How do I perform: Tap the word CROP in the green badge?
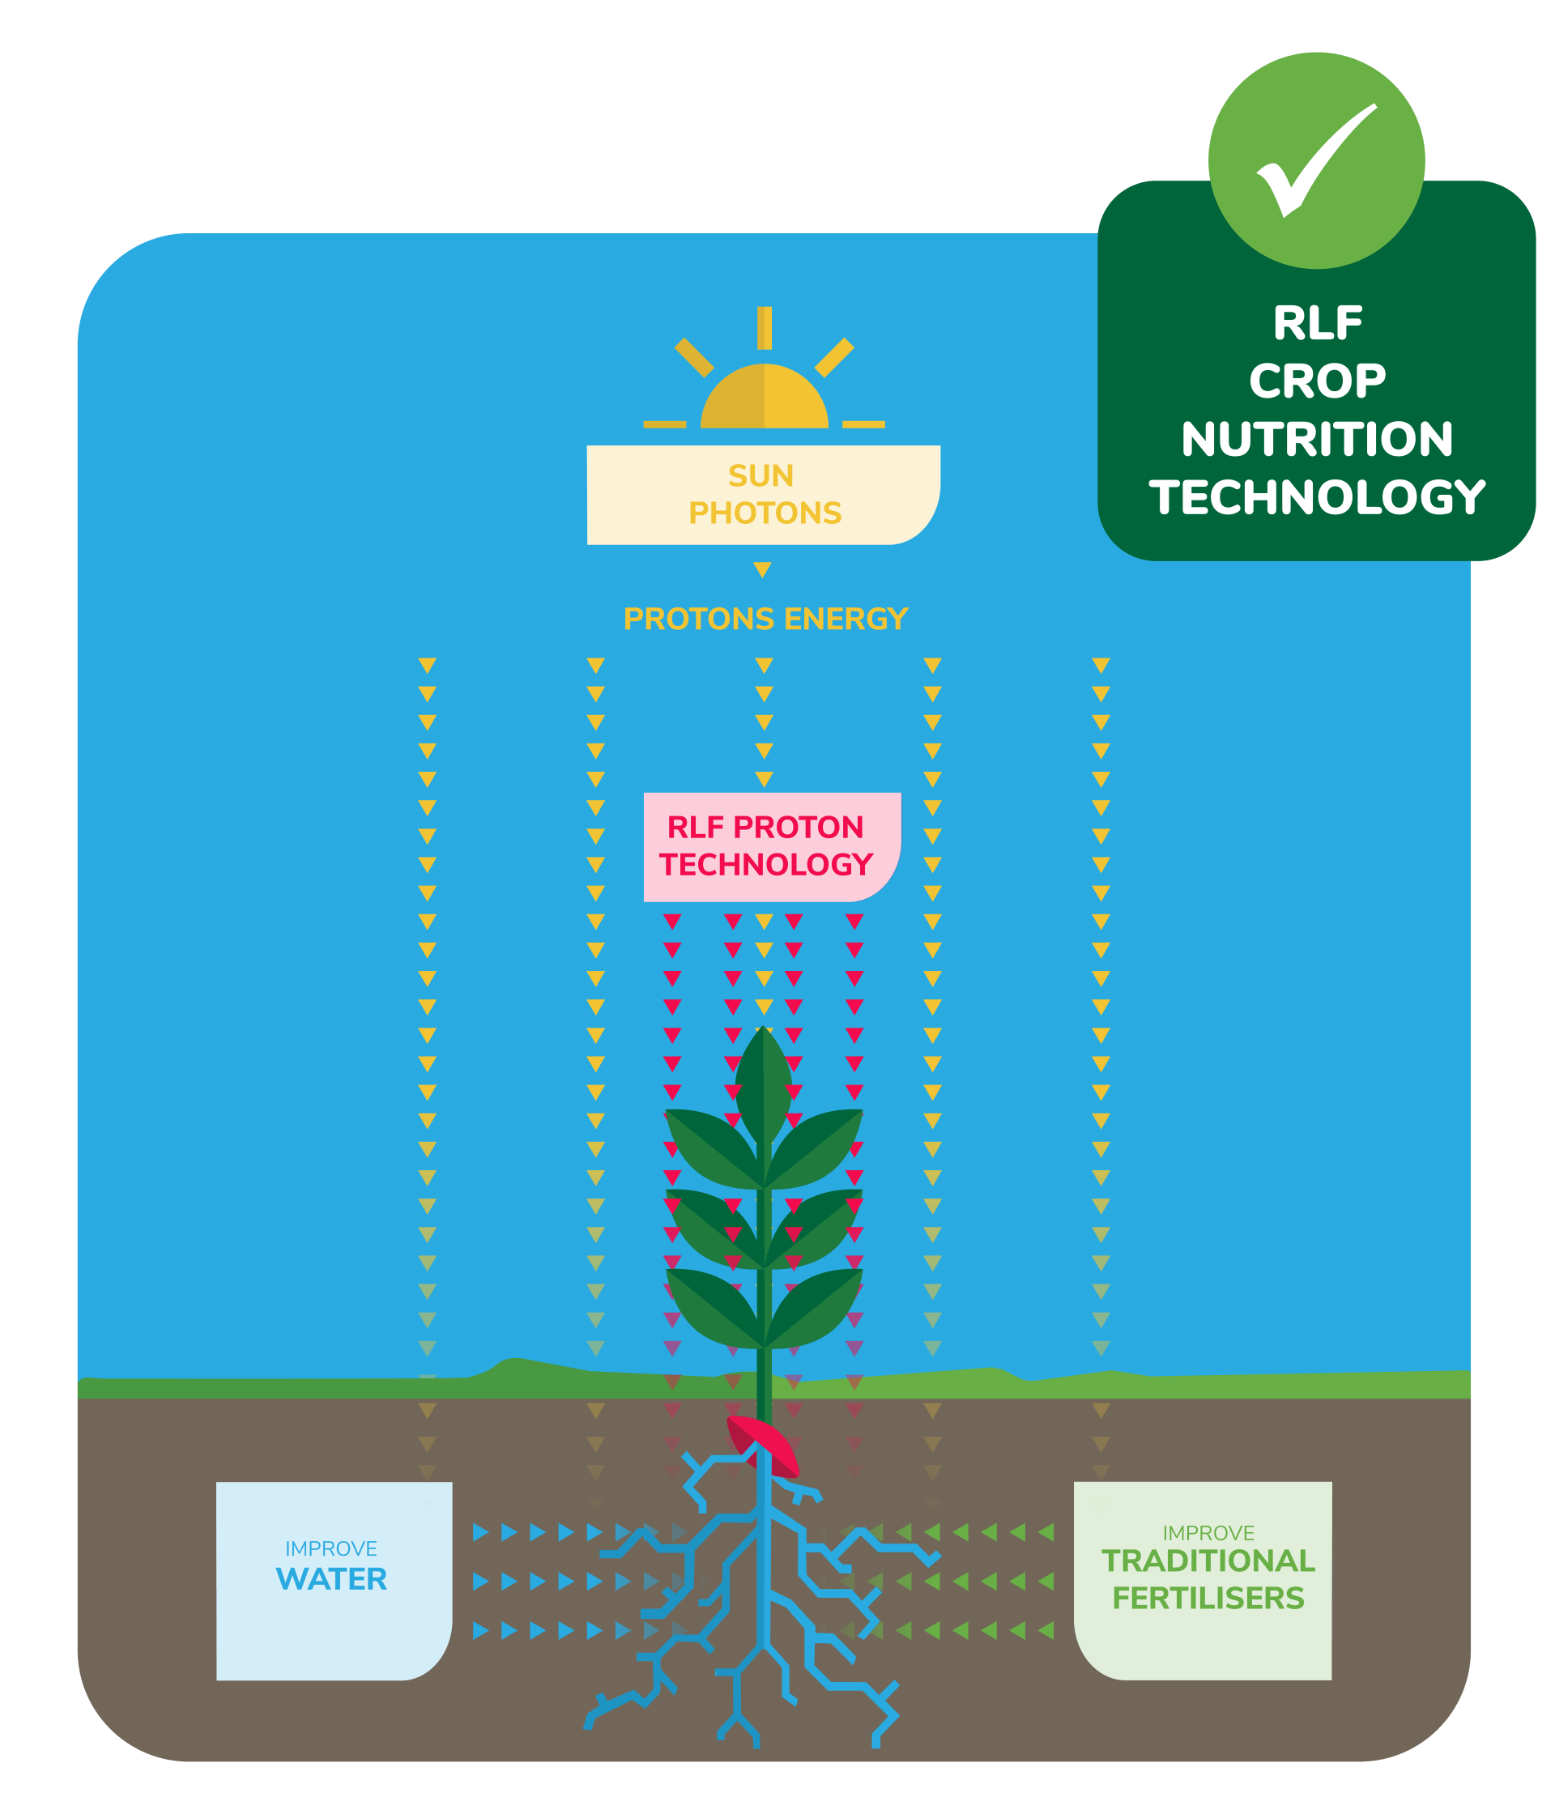1317,381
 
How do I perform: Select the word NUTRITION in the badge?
1317,439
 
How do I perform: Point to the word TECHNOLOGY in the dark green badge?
1317,497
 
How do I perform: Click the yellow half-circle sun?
764,399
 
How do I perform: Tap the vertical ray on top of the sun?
765,328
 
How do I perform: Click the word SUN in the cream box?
760,475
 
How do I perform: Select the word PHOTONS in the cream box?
765,513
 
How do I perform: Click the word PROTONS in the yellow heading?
698,619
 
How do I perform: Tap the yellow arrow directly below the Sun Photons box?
763,570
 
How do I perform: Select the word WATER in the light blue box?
331,1578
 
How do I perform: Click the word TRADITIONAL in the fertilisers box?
1208,1560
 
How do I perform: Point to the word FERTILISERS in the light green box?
1208,1598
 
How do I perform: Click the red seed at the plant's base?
764,1445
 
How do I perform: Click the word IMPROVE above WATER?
331,1548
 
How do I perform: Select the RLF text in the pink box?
695,827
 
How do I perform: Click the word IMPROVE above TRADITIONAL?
1208,1533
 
